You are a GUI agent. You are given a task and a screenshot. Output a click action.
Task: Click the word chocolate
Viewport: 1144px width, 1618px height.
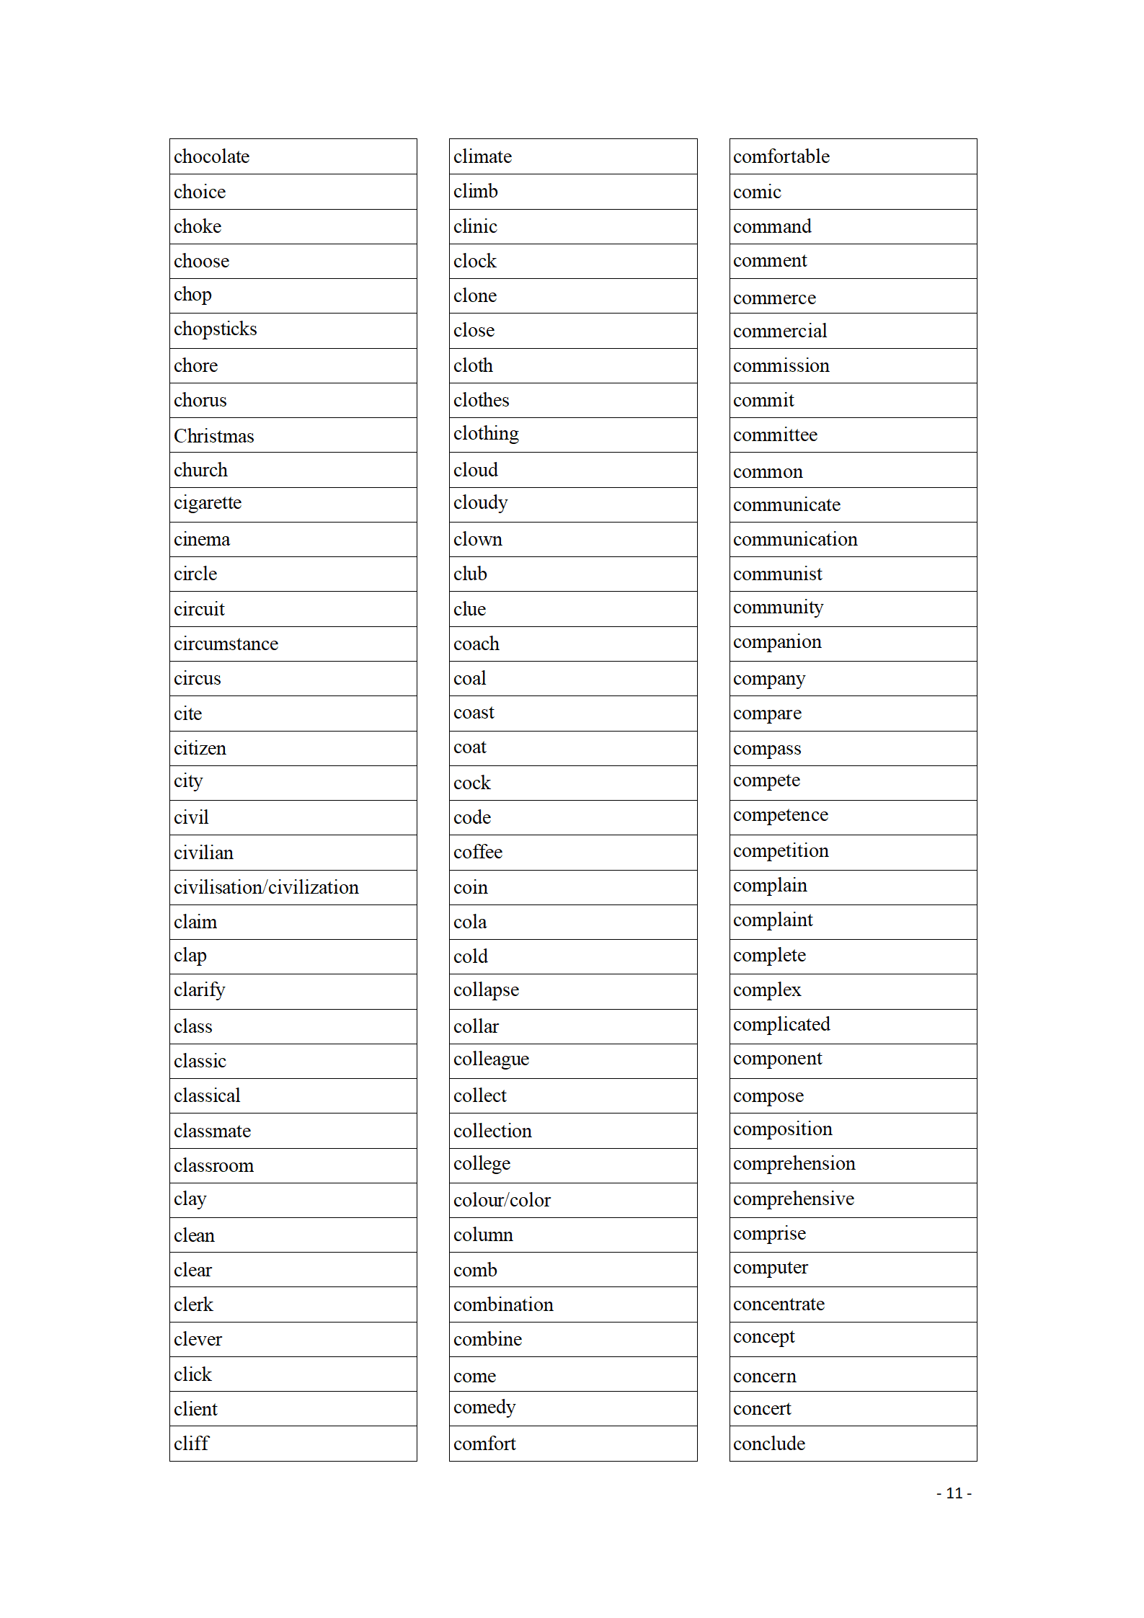click(x=211, y=156)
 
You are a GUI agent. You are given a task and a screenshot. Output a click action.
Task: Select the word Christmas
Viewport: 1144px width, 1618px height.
click(x=213, y=436)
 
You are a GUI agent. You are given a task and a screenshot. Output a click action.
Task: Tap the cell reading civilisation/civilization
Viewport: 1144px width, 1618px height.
click(x=266, y=887)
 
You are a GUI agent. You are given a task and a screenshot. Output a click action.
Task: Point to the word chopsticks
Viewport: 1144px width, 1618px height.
click(x=215, y=329)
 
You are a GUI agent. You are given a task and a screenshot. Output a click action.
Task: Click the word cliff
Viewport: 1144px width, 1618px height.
click(x=191, y=1444)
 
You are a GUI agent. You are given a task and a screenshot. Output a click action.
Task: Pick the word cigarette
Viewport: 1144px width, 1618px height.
click(x=207, y=503)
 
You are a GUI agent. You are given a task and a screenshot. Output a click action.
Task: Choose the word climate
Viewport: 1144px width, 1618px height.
click(x=482, y=156)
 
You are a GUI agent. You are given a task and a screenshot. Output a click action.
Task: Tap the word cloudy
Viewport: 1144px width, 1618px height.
click(x=480, y=503)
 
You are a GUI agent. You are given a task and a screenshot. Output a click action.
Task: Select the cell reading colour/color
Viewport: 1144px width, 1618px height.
click(x=502, y=1200)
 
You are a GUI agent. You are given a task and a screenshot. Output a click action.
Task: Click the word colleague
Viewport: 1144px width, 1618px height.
click(x=491, y=1059)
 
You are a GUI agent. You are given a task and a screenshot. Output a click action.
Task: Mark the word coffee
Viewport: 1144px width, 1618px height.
click(x=477, y=852)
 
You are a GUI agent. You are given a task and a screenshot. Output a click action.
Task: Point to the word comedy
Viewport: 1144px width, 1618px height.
click(x=484, y=1408)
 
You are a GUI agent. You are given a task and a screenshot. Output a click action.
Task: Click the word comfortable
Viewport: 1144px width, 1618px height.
click(x=781, y=156)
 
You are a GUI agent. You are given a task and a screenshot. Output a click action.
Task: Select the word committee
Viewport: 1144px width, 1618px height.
click(x=775, y=435)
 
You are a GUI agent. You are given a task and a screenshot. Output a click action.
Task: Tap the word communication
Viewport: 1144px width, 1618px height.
click(x=795, y=539)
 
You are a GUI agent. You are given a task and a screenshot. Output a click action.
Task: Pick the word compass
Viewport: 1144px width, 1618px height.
click(x=766, y=749)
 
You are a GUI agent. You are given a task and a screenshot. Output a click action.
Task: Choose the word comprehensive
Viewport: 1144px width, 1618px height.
click(x=793, y=1199)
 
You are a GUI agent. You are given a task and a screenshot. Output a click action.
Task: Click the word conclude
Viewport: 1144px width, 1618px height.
click(x=768, y=1444)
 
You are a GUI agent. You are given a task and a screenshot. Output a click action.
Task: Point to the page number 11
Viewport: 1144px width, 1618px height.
click(x=954, y=1493)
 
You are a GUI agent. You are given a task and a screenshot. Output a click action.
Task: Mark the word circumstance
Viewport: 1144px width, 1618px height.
click(x=226, y=644)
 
